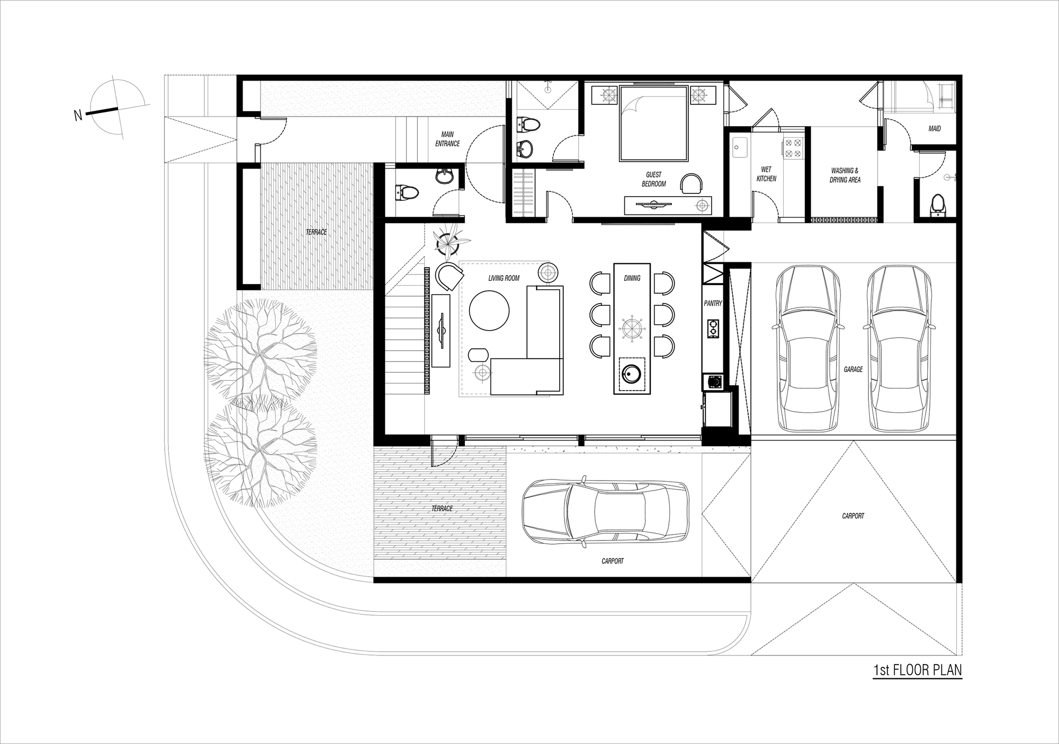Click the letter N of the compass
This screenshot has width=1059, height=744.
coord(78,116)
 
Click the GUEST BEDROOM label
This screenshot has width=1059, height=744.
coord(653,179)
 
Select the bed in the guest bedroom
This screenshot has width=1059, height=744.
coord(653,123)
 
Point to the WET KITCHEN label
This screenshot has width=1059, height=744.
coord(766,174)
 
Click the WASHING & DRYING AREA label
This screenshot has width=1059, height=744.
coord(845,175)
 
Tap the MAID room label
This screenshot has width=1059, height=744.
coord(934,129)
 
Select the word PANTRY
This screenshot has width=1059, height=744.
coord(713,304)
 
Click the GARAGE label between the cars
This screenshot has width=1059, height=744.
coord(853,369)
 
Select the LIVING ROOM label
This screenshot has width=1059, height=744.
coord(504,278)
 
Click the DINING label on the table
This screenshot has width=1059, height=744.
coord(632,278)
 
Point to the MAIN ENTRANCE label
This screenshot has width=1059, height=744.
coord(447,139)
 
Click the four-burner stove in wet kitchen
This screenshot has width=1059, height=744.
coord(793,148)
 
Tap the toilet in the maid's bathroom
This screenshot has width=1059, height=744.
coord(937,204)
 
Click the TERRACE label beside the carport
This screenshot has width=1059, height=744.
coord(442,509)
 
